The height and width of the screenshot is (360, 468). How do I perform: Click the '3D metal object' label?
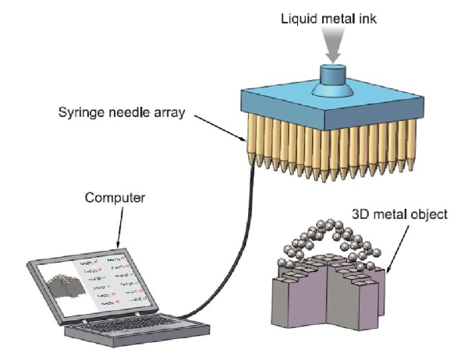tap(399, 212)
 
